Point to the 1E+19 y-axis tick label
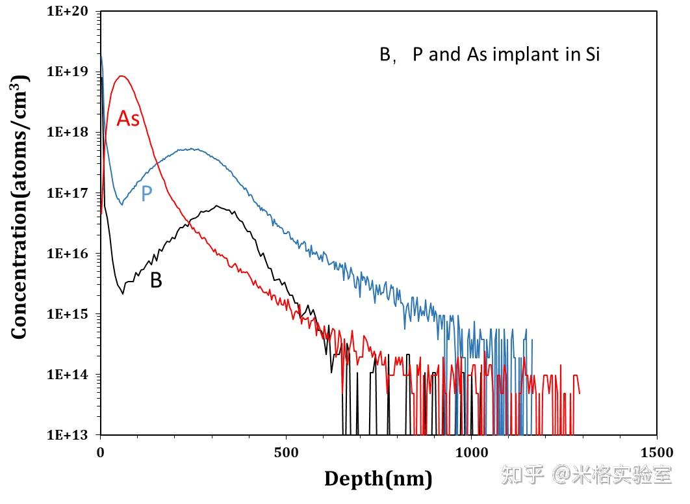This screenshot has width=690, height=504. [x=70, y=72]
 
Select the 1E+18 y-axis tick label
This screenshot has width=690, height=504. [x=70, y=132]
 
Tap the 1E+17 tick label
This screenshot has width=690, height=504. [x=70, y=193]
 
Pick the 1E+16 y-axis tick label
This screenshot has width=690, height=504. [x=70, y=254]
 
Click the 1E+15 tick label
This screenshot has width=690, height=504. [x=70, y=314]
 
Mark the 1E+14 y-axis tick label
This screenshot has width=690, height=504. [x=70, y=375]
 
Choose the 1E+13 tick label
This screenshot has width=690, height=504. [x=70, y=435]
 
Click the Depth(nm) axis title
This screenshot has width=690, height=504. [x=378, y=479]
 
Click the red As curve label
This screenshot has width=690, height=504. [x=128, y=118]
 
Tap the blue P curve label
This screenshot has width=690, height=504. [x=147, y=193]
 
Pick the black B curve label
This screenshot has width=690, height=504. [x=156, y=280]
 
